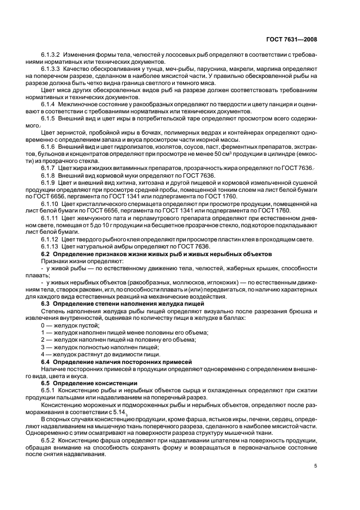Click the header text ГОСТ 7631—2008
[293, 39]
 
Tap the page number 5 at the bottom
[315, 466]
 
